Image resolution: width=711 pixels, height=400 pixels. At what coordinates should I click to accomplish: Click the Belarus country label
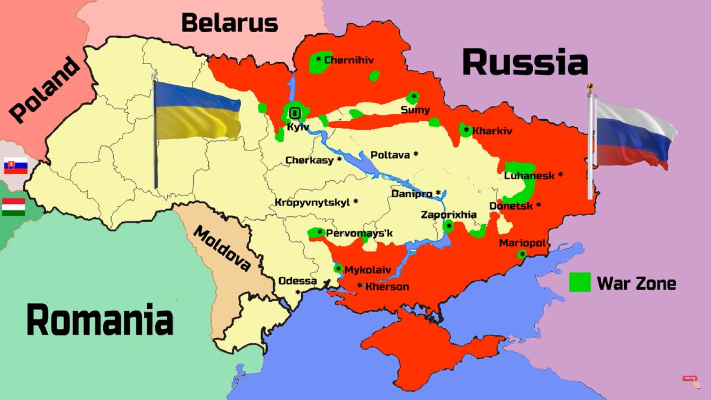pyautogui.click(x=229, y=23)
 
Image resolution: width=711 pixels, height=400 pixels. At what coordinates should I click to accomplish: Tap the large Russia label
pyautogui.click(x=524, y=62)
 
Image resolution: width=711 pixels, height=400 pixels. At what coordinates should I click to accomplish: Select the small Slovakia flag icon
pyautogui.click(x=15, y=166)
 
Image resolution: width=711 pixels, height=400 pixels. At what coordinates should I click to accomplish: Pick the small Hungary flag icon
pyautogui.click(x=13, y=208)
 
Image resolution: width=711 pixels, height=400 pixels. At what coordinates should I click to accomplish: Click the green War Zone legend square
pyautogui.click(x=580, y=283)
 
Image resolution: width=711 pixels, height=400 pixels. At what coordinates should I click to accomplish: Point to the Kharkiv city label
pyautogui.click(x=491, y=130)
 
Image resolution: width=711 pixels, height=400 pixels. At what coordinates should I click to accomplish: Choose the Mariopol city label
pyautogui.click(x=521, y=244)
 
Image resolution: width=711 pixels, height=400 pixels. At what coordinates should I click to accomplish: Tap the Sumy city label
pyautogui.click(x=415, y=110)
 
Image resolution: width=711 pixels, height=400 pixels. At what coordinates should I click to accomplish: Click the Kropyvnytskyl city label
pyautogui.click(x=314, y=202)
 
